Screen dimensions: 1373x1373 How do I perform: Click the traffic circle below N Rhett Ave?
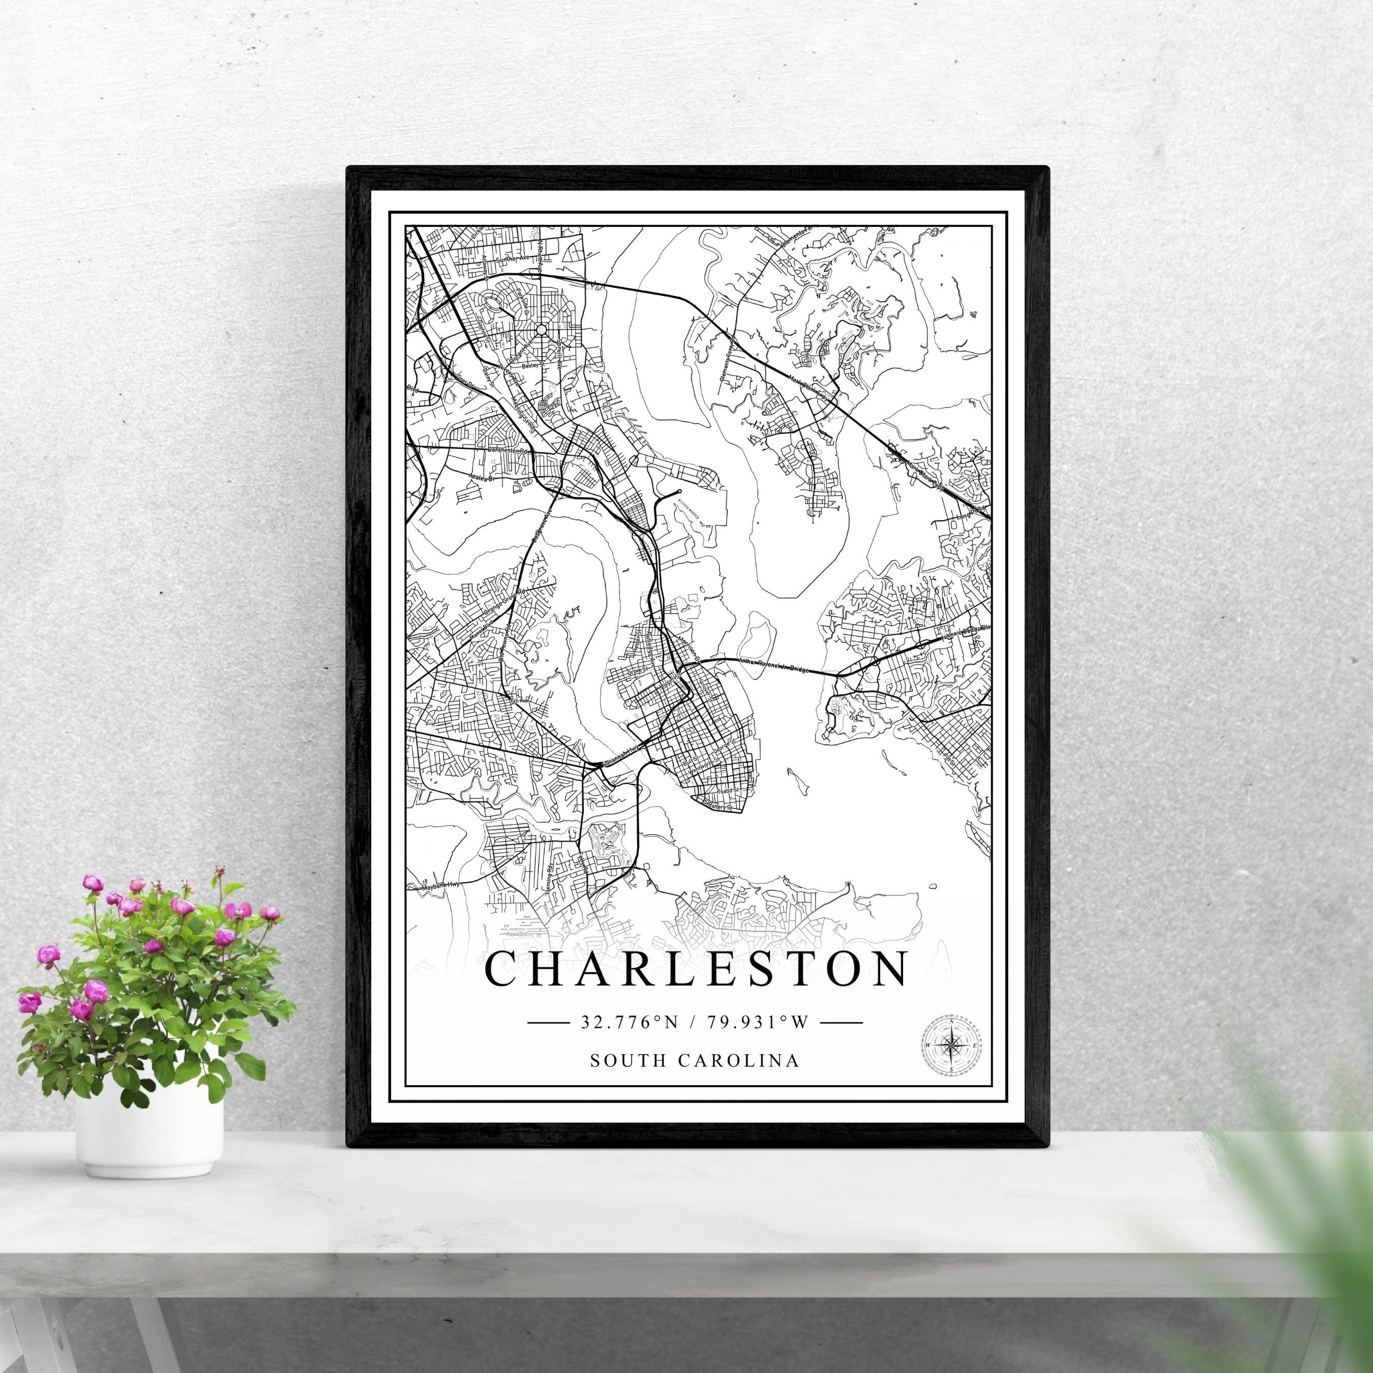pos(542,329)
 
